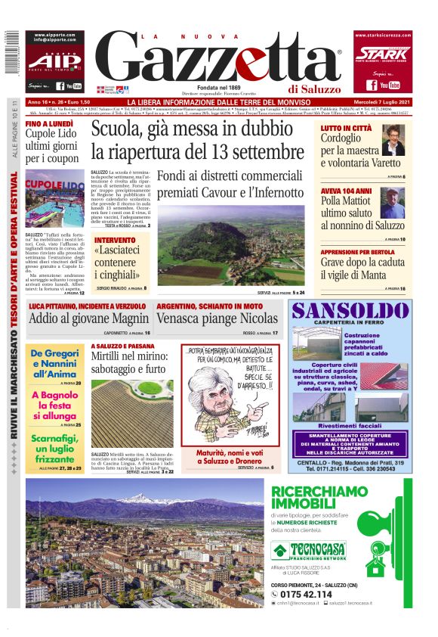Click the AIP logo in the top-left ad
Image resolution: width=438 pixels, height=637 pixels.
pyautogui.click(x=55, y=61)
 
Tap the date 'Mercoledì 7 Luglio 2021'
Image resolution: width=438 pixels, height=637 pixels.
pyautogui.click(x=384, y=102)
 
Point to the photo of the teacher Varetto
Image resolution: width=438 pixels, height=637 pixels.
pyautogui.click(x=393, y=141)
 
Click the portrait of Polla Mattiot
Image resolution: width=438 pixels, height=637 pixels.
pyautogui.click(x=393, y=202)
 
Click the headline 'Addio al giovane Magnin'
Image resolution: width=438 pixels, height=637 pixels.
pyautogui.click(x=88, y=318)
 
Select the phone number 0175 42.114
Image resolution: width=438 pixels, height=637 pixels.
pyautogui.click(x=307, y=595)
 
